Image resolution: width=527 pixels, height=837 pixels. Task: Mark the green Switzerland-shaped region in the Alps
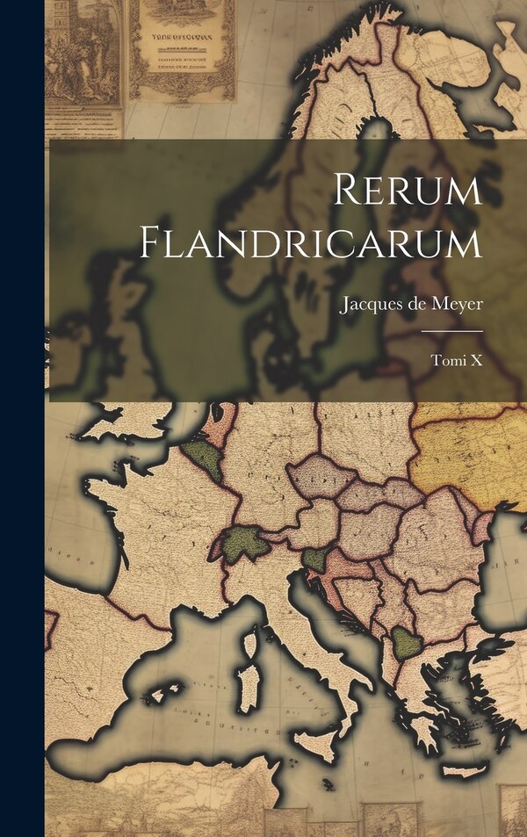coord(243,545)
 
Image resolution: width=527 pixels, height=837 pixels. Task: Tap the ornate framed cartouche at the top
coord(182,49)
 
